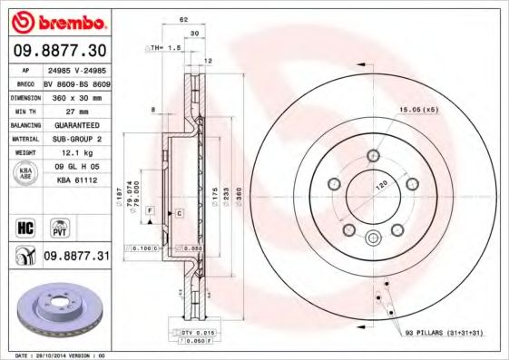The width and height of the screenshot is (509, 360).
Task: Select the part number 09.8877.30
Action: tap(56, 50)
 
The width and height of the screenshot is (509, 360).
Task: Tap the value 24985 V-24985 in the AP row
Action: tap(76, 69)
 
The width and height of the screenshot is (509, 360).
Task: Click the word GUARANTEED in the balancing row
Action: tap(76, 124)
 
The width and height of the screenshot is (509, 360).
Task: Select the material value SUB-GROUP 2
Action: tap(76, 139)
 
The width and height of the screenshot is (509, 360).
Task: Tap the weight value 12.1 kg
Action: tap(76, 154)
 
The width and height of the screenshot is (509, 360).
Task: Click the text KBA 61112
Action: tap(76, 182)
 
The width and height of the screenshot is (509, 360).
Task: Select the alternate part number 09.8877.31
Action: tap(76, 258)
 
